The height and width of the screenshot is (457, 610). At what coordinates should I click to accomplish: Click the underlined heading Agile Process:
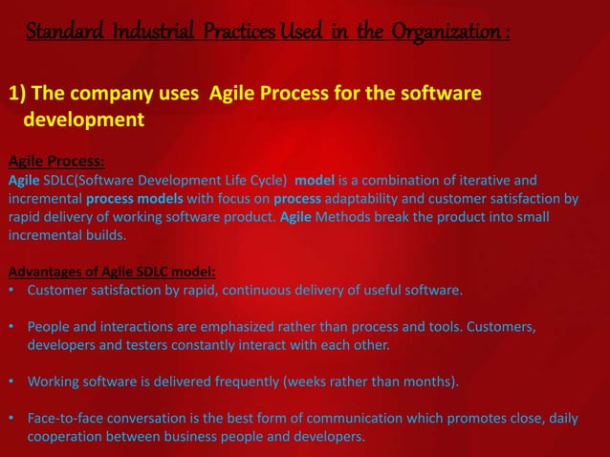click(55, 162)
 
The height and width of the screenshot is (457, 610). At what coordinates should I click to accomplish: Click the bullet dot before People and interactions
click(11, 327)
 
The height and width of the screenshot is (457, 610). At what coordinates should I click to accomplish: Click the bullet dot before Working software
click(11, 382)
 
